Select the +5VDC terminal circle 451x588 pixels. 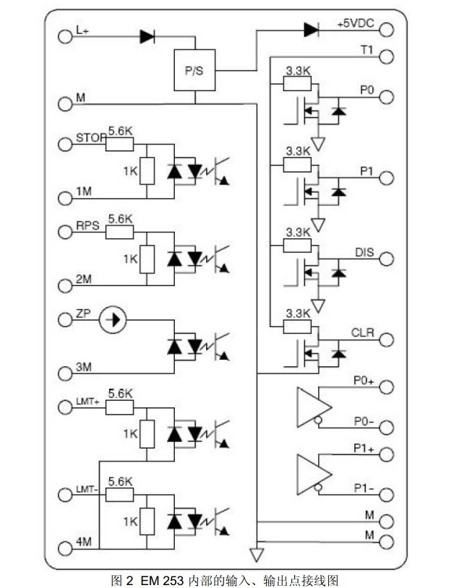387,30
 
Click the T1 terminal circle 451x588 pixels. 387,56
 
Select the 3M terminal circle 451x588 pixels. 65,373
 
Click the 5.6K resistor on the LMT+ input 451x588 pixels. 119,407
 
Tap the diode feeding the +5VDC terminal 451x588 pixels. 312,30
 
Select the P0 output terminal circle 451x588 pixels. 387,96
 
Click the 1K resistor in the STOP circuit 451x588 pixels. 147,170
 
